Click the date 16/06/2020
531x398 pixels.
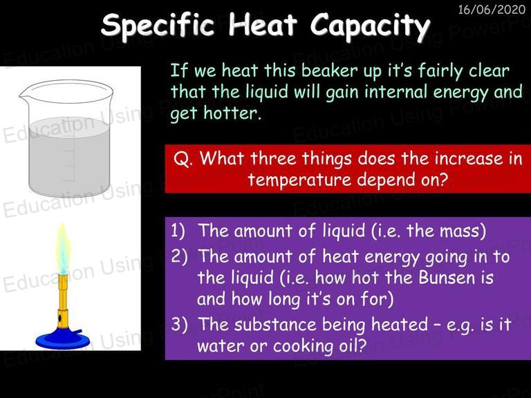[492, 9]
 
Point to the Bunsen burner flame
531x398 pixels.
[63, 249]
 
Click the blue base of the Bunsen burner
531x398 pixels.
[59, 339]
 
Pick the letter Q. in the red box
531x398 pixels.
[183, 159]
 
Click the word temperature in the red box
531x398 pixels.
[299, 180]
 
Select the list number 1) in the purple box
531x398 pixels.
[178, 231]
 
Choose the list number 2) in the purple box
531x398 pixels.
[179, 256]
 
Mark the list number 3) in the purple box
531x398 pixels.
[179, 324]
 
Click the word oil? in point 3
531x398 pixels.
[353, 345]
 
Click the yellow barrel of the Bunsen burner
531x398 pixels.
[63, 301]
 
